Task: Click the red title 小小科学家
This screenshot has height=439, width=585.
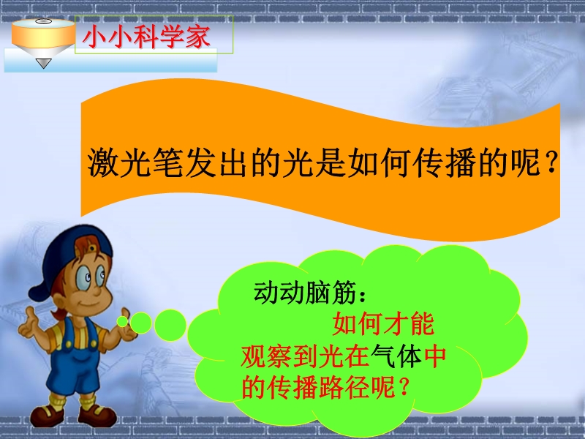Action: pyautogui.click(x=146, y=37)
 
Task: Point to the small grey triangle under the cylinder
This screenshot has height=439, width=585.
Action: pyautogui.click(x=43, y=64)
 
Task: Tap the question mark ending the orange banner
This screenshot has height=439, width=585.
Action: pyautogui.click(x=551, y=164)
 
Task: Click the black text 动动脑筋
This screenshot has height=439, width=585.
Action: pyautogui.click(x=305, y=292)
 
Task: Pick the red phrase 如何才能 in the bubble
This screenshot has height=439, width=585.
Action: pyautogui.click(x=383, y=324)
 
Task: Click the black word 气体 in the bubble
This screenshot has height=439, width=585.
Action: pyautogui.click(x=396, y=356)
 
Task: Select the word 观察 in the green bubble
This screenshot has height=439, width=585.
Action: pyautogui.click(x=266, y=356)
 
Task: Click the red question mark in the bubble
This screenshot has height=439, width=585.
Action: pyautogui.click(x=403, y=388)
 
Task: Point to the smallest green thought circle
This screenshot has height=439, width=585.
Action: pyautogui.click(x=122, y=321)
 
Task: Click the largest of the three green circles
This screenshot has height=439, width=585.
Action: pyautogui.click(x=170, y=325)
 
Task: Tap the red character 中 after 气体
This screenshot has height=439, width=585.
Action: pyautogui.click(x=435, y=356)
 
